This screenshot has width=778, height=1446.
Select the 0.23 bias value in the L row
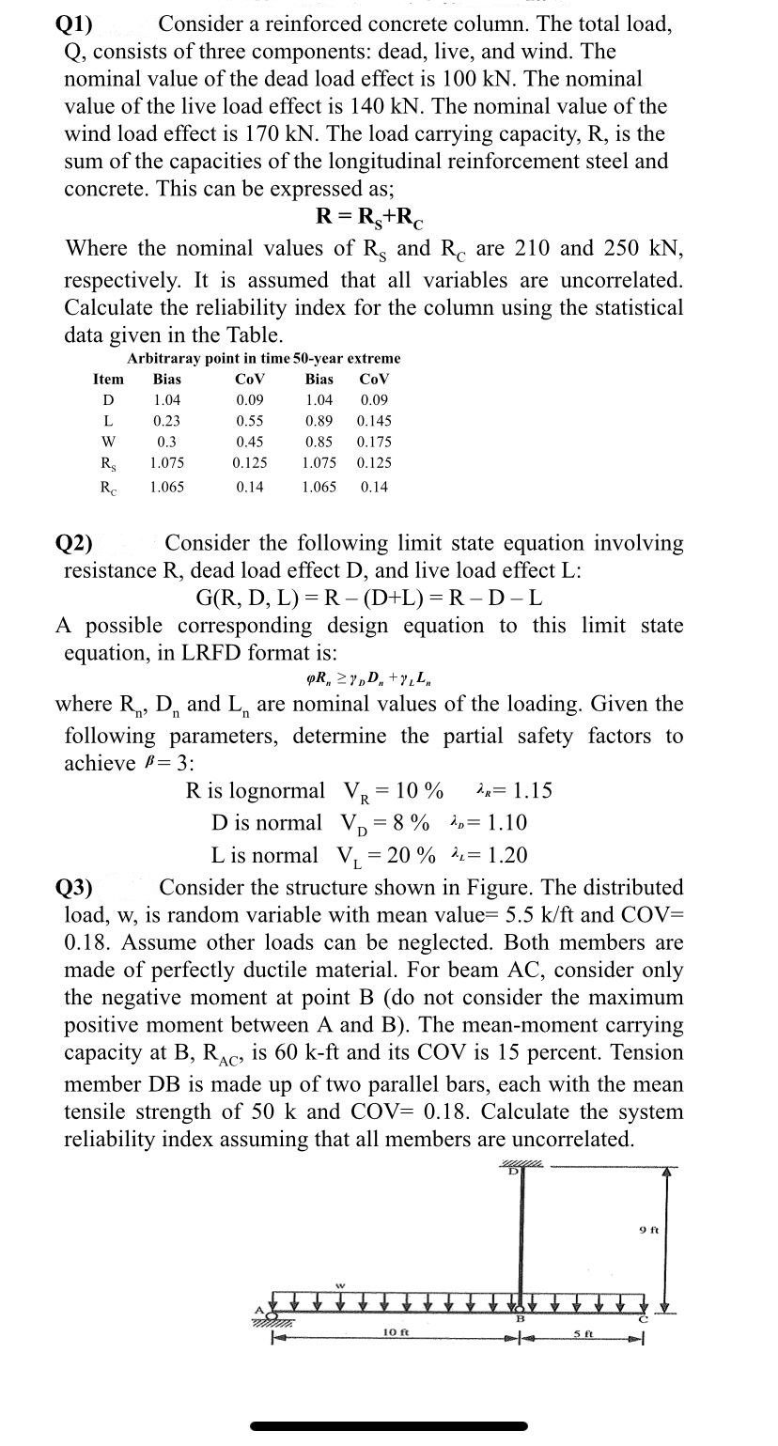point(166,421)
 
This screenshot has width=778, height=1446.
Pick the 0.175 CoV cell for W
point(375,442)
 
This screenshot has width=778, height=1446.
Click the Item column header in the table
point(108,380)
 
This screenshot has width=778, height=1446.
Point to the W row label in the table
point(108,442)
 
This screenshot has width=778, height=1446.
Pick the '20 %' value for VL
point(415,855)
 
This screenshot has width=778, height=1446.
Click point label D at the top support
point(514,1174)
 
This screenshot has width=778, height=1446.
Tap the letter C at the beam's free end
point(645,1321)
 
